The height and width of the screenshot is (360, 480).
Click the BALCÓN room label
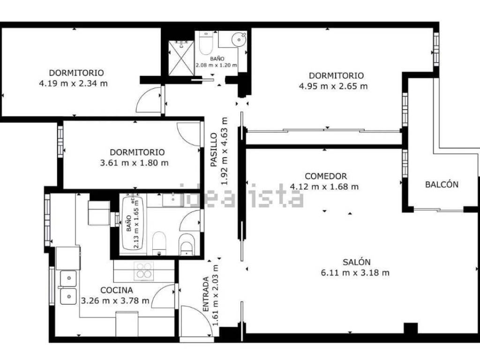point(442,184)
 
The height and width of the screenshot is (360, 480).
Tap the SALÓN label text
point(356,262)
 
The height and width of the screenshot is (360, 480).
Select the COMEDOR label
point(326,176)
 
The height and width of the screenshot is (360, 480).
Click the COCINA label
point(117,290)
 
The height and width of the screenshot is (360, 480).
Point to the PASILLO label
point(214,150)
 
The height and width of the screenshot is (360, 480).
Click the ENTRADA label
point(206,294)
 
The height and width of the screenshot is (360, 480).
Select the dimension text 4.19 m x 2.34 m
point(74,83)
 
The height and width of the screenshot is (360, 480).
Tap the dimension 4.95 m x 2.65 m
point(333,86)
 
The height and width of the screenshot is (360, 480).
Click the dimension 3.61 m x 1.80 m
point(134,163)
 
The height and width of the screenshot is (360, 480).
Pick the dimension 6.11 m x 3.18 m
point(355,272)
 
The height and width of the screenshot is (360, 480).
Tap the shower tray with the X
point(181,58)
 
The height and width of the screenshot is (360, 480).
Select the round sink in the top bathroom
point(239,39)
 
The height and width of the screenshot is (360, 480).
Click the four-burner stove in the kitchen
point(144,271)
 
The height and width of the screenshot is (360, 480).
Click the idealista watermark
point(241,196)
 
